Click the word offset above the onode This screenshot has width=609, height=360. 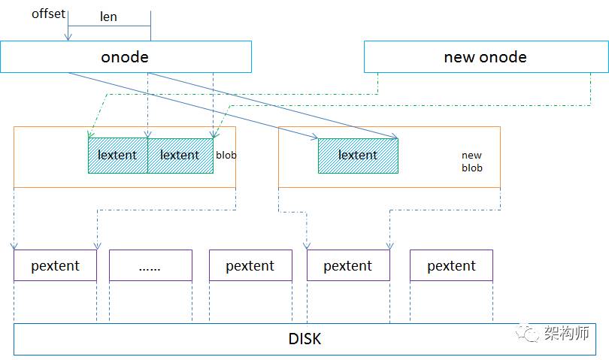pyautogui.click(x=48, y=14)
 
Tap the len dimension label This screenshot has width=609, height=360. pyautogui.click(x=108, y=17)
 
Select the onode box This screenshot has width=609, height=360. pyautogui.click(x=126, y=56)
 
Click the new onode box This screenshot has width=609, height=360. pyautogui.click(x=486, y=56)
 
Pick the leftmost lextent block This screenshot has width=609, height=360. pyautogui.click(x=118, y=156)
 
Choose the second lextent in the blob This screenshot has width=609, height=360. pyautogui.click(x=180, y=156)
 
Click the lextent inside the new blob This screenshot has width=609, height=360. pyautogui.click(x=358, y=156)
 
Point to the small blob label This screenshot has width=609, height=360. pyautogui.click(x=226, y=156)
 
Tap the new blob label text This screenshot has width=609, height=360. pyautogui.click(x=472, y=162)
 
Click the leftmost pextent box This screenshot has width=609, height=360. pyautogui.click(x=55, y=265)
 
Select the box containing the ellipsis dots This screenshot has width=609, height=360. pyautogui.click(x=150, y=265)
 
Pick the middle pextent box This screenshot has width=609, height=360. pyautogui.click(x=250, y=265)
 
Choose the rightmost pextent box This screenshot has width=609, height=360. pyautogui.click(x=451, y=265)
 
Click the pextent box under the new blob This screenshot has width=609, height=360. pyautogui.click(x=348, y=265)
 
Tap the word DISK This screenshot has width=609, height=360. pyautogui.click(x=305, y=339)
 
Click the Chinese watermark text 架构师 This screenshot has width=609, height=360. pyautogui.click(x=567, y=333)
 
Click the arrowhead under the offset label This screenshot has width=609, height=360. pyautogui.click(x=68, y=37)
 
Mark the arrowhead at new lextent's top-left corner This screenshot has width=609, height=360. pyautogui.click(x=314, y=136)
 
